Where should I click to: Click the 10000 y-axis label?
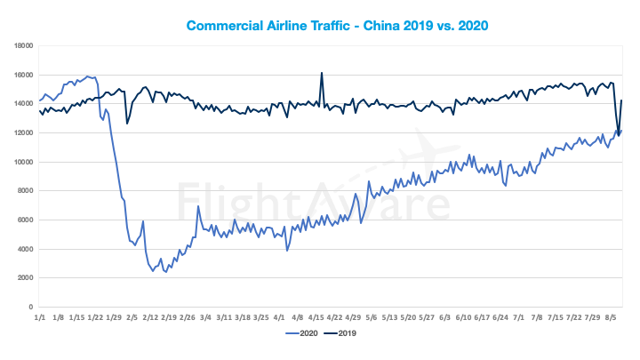[x=24, y=162]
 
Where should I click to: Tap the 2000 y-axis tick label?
[x=26, y=278]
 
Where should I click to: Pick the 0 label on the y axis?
[x=31, y=307]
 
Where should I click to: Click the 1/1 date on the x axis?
[x=39, y=316]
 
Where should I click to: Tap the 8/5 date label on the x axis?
[x=612, y=316]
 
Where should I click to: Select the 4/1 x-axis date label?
[x=279, y=316]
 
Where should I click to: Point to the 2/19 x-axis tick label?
[x=168, y=316]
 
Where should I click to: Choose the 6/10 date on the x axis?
[x=463, y=316]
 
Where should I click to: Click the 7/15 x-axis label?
[x=556, y=316]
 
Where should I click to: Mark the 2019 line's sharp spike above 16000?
[x=321, y=73]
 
